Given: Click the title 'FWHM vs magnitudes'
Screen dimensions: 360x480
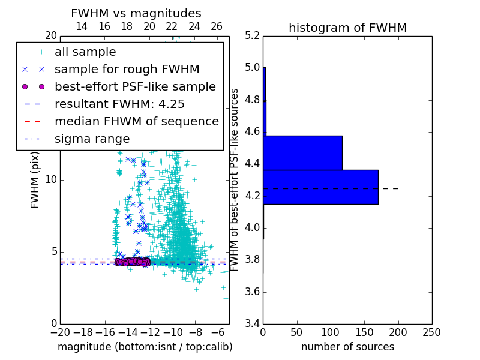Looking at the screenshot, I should coord(136,13).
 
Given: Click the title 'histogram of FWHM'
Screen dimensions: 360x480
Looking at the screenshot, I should coord(347,28).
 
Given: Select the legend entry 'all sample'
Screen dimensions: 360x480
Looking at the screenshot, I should coord(85,52).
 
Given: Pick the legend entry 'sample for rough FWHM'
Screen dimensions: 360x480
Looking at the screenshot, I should coord(127,69).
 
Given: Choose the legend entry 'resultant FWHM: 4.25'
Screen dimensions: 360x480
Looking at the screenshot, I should coord(119,104).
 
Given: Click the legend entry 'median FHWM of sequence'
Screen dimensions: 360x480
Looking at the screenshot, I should coord(136,121).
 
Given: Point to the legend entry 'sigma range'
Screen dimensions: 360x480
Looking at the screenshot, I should coord(92,139).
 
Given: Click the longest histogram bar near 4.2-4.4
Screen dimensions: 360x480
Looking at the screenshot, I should coord(320,187).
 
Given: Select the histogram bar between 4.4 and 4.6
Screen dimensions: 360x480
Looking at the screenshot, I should coord(302,153).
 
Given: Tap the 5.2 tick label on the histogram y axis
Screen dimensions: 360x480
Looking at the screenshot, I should coord(253,35).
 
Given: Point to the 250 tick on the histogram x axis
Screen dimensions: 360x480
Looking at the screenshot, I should coord(431,332).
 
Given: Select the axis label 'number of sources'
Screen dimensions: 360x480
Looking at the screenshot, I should coord(347,347).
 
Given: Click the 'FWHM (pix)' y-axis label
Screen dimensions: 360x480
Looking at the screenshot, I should coord(35,179).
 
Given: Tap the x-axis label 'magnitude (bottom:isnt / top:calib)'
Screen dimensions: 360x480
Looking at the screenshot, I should coord(145,347).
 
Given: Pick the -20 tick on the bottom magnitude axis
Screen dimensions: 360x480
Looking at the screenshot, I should coord(60,332).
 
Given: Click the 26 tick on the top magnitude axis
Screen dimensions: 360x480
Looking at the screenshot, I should coord(217,26).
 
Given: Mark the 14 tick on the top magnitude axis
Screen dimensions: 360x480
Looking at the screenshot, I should coord(82,26).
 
